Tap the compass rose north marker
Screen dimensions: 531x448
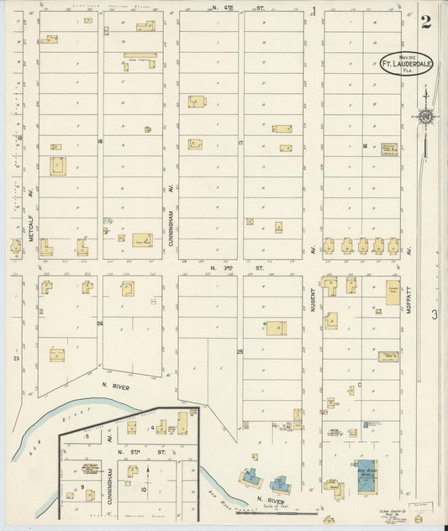coord(426,116)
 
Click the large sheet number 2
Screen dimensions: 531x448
coord(426,22)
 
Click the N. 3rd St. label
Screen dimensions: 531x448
coord(225,268)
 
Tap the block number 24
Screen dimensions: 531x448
coord(99,323)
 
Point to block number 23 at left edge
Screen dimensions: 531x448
coord(16,358)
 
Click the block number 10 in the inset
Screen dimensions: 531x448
coord(144,488)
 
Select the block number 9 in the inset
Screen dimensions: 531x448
coord(82,486)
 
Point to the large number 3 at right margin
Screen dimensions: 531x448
coord(435,314)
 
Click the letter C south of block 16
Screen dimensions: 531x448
coord(359,385)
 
